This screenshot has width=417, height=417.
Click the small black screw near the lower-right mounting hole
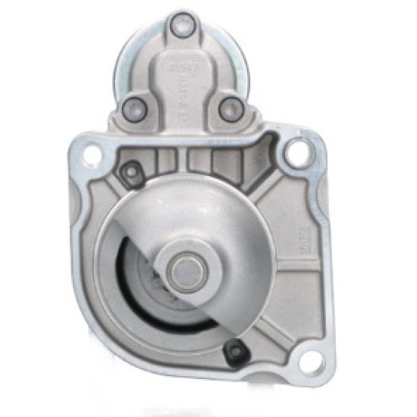235,350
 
